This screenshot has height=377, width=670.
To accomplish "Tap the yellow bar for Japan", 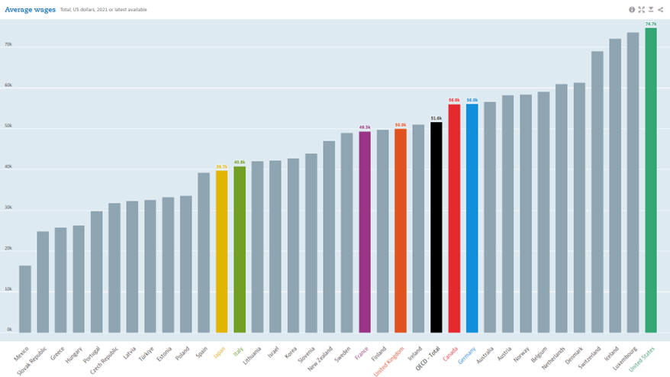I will tap(221, 252).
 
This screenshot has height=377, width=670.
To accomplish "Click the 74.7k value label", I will tap(650, 24).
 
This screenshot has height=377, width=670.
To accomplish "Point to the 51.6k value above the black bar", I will tap(436, 118).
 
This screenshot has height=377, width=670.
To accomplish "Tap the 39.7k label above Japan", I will tap(221, 166).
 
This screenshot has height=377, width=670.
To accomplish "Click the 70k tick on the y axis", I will tap(8, 45).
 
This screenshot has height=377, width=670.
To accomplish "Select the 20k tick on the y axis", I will tap(8, 249).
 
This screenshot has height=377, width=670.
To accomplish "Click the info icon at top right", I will tap(632, 9).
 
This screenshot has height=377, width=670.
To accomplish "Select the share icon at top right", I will tap(660, 9).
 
